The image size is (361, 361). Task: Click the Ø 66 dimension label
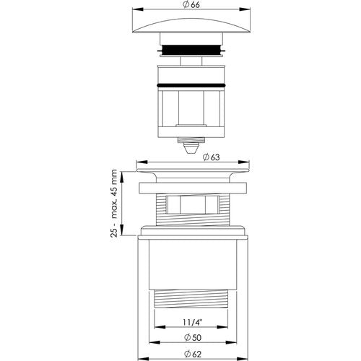pos(191,4)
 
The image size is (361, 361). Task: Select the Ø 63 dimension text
pos(211,157)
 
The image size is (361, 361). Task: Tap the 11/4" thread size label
pos(192,322)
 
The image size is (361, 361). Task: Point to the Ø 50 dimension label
pos(193,338)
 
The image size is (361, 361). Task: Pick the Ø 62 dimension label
pos(193,354)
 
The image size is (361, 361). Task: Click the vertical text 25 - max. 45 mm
pos(114,204)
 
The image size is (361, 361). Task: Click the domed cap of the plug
pos(191,26)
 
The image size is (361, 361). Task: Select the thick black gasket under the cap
pos(191,50)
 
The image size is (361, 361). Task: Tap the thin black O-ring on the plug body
pos(191,85)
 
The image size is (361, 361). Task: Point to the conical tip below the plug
pos(191,148)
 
